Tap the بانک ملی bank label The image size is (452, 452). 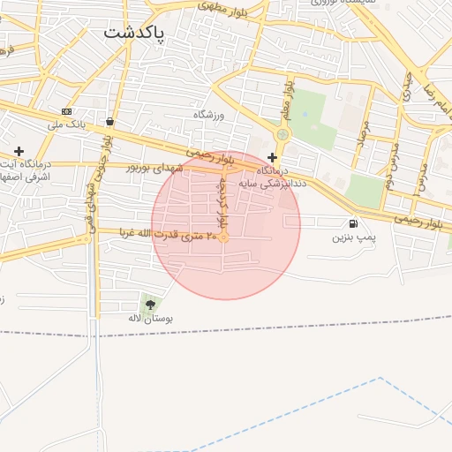67,124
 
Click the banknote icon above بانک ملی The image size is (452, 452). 67,111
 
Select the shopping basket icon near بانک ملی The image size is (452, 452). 109,122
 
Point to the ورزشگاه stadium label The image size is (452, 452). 210,115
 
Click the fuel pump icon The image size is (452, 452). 354,224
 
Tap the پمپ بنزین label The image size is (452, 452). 354,237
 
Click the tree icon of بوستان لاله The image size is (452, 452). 149,305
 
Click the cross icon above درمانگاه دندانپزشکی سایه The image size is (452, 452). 272,156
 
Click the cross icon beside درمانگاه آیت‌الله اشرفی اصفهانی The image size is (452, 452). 19,151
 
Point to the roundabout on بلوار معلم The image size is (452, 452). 282,134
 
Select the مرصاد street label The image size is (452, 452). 361,131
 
